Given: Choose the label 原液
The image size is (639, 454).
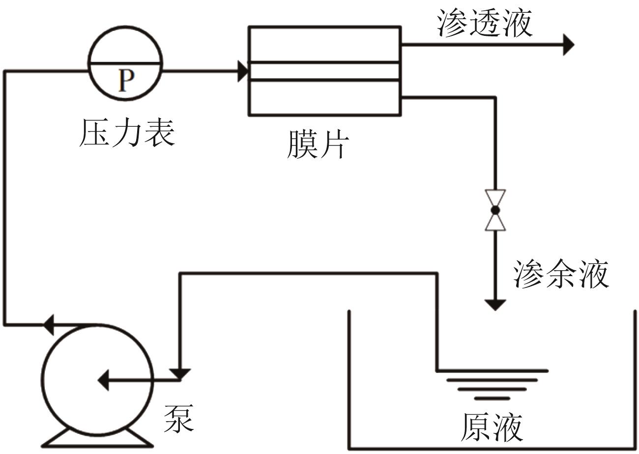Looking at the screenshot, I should (492, 427).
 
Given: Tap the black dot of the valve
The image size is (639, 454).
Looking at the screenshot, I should (495, 210).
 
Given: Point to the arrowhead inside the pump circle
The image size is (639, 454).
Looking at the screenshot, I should (103, 380).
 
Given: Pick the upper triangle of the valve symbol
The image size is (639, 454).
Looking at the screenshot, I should (495, 199).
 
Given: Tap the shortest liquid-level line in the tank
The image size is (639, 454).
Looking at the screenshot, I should (492, 397).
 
